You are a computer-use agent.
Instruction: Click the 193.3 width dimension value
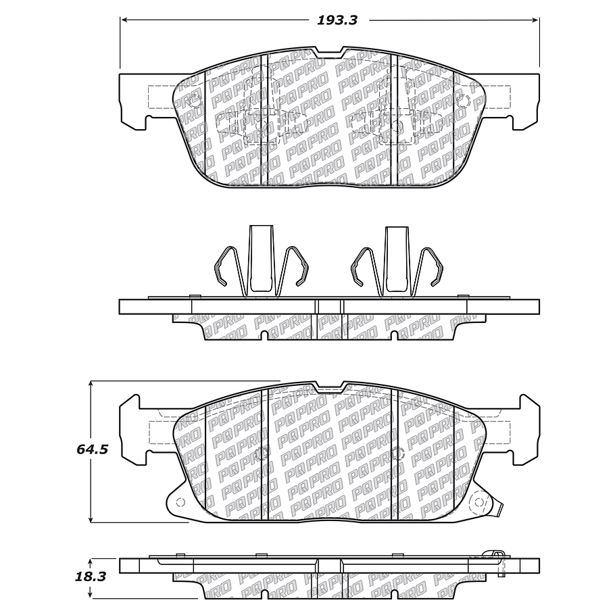(337, 20)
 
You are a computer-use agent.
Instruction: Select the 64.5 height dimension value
(93, 449)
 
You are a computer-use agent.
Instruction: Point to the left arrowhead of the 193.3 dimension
(124, 20)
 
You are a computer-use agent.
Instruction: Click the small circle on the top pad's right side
(463, 102)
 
